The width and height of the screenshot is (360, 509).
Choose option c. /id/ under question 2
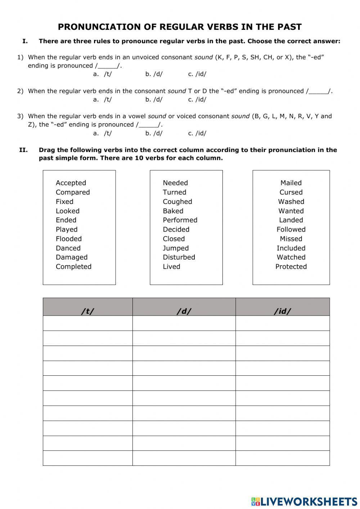point(197,100)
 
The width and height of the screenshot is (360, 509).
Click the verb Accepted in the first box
point(71,183)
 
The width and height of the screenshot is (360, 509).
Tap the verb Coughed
point(177,202)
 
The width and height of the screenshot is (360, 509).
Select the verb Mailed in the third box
point(291,183)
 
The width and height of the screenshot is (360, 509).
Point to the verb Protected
point(291,267)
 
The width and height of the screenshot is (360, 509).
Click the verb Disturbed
point(179,258)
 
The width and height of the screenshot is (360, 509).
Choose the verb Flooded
point(69,239)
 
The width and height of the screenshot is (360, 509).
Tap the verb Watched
point(291,258)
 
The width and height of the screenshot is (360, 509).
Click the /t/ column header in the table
point(87,311)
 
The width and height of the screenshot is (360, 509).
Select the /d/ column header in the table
point(184,311)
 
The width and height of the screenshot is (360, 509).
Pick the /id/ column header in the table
point(283,311)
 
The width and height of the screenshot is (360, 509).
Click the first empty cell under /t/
point(87,323)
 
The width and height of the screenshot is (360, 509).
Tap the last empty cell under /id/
point(283,458)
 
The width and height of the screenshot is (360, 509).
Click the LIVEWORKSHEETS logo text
point(309,501)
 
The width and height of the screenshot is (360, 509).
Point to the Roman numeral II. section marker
point(23,150)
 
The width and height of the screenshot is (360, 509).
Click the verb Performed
point(180,220)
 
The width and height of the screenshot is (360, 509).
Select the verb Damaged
point(72,258)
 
